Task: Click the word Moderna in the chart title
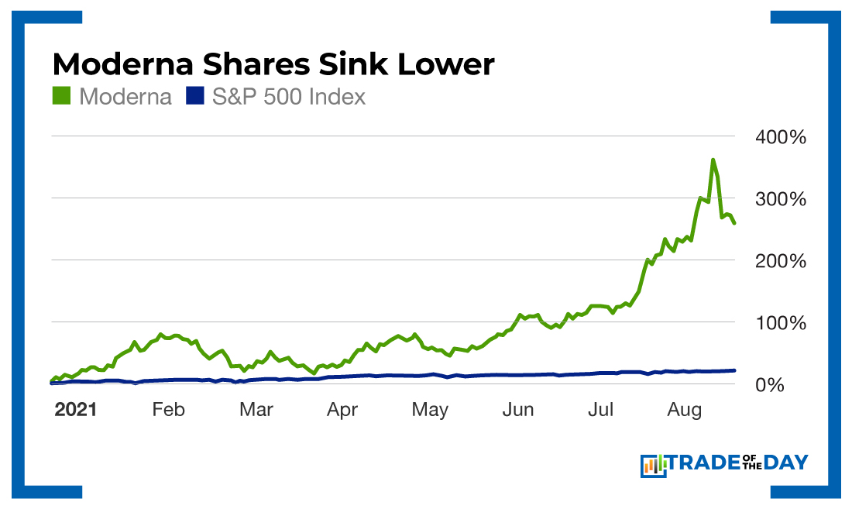(129, 64)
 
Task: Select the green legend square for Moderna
(61, 97)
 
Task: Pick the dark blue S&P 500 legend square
(194, 97)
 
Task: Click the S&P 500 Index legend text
(288, 97)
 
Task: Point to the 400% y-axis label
(780, 138)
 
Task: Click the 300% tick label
(780, 200)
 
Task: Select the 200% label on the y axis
(780, 261)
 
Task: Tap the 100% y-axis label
(780, 323)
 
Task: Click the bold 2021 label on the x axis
(75, 410)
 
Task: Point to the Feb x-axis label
(168, 410)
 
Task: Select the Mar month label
(256, 410)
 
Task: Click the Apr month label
(342, 410)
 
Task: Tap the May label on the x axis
(430, 410)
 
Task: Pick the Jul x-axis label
(601, 410)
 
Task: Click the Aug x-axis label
(685, 410)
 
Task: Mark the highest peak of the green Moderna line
(713, 160)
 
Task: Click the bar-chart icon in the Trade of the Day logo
(653, 465)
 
